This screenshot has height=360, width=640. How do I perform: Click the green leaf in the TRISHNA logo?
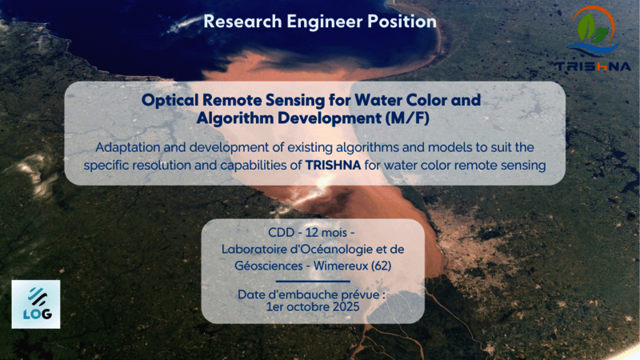click(x=586, y=27)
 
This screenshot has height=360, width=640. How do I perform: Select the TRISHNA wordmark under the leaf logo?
click(x=593, y=66)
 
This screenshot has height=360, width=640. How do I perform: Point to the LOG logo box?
click(x=36, y=304)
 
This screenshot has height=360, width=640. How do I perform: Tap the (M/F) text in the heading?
click(x=407, y=118)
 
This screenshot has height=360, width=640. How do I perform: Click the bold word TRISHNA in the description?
click(x=333, y=166)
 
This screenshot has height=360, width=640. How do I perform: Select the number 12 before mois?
click(x=311, y=233)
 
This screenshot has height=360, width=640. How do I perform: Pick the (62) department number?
click(x=382, y=266)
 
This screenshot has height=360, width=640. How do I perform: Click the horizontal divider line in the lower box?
click(x=313, y=282)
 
